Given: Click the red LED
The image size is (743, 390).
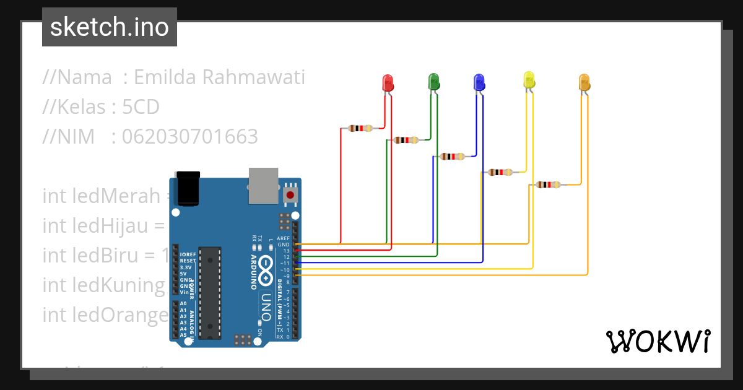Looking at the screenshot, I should tap(388, 83).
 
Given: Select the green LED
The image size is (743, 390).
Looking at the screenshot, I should tap(433, 81).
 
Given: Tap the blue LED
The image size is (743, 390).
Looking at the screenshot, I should tap(479, 82).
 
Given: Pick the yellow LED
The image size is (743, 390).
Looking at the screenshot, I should tap(529, 80).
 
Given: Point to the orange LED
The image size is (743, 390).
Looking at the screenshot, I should tap(584, 82).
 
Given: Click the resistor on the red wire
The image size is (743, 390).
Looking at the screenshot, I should tap(360, 128).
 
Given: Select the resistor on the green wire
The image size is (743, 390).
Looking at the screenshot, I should tap(406, 140).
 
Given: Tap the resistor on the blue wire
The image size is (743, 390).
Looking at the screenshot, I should tap(451, 157).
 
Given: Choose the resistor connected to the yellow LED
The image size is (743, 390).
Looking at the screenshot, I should tap(500, 172).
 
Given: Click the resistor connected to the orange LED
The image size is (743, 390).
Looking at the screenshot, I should tap(549, 184).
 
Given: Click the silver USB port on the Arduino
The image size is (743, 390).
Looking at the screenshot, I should tap(264, 185).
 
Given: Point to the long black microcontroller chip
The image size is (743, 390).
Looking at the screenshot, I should tap(211, 292).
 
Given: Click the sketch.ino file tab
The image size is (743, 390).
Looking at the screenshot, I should tap(110, 27).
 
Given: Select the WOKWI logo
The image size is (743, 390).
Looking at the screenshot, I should tap(658, 341).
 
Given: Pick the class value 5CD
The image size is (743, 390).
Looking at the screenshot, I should tap(141, 107).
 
